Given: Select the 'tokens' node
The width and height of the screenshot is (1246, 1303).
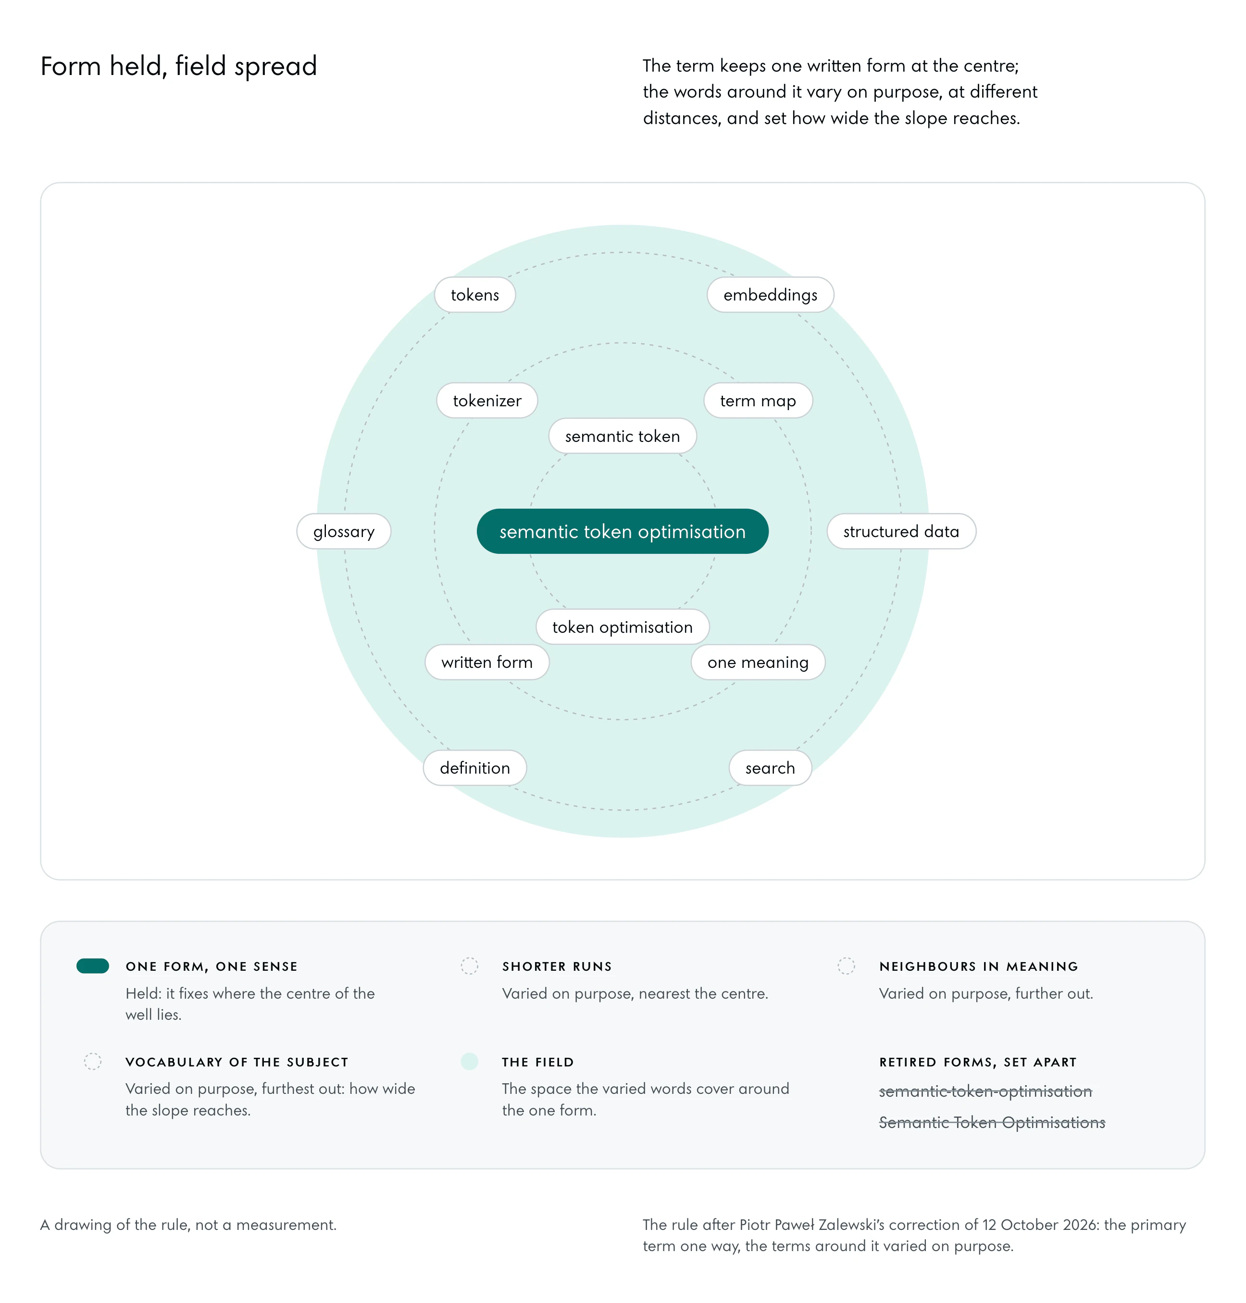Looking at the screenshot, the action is (475, 294).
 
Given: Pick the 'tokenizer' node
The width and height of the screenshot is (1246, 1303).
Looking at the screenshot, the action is (487, 400).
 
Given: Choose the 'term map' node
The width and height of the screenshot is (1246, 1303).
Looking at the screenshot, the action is (758, 400).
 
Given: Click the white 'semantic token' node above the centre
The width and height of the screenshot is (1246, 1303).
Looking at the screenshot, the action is (623, 436).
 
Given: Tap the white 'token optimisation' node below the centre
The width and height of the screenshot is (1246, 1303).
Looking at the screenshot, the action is (623, 626).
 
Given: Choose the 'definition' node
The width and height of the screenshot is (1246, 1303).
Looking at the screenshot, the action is (475, 767).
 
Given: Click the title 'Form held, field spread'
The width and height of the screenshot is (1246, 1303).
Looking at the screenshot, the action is (179, 66).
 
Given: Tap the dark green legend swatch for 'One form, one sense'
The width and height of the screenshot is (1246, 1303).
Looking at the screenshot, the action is (93, 965).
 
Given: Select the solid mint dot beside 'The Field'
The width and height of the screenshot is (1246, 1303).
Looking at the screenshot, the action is (470, 1061).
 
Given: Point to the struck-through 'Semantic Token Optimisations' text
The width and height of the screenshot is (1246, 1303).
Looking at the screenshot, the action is (992, 1122).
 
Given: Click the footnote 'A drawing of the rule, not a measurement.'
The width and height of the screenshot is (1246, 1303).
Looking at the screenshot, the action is (188, 1224).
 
